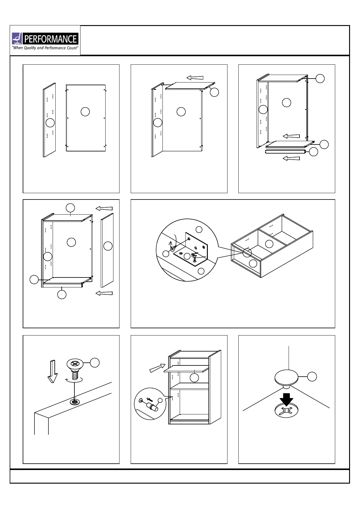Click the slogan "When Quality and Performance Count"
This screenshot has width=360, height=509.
pos(45,48)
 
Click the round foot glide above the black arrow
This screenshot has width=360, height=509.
pos(286,377)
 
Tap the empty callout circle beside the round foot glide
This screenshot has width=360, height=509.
pos(312,377)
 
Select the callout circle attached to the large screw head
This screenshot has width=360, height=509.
pos(95,363)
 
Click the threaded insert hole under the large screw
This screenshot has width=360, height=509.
pos(74,402)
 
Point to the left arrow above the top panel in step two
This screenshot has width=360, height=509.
pos(195,78)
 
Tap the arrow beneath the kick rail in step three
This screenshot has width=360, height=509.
pos(291,158)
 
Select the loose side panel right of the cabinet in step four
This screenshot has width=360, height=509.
pos(107,250)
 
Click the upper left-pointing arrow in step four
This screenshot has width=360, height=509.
pos(104,208)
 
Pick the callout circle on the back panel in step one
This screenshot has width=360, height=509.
pos(85,112)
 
